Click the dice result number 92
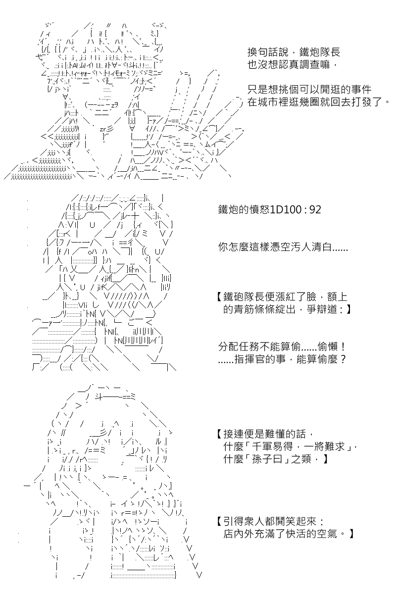point(315,210)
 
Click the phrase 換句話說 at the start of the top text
point(268,52)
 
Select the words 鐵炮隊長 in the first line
point(320,52)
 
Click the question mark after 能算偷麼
point(343,359)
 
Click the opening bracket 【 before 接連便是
point(220,434)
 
